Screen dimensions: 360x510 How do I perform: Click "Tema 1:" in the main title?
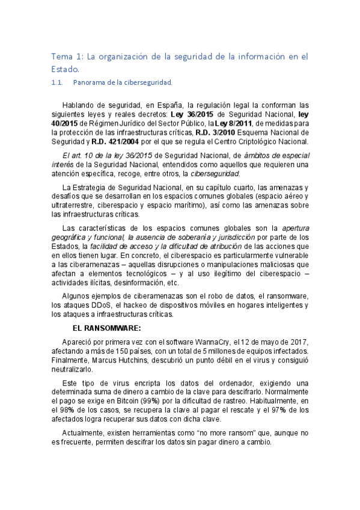point(67,57)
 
